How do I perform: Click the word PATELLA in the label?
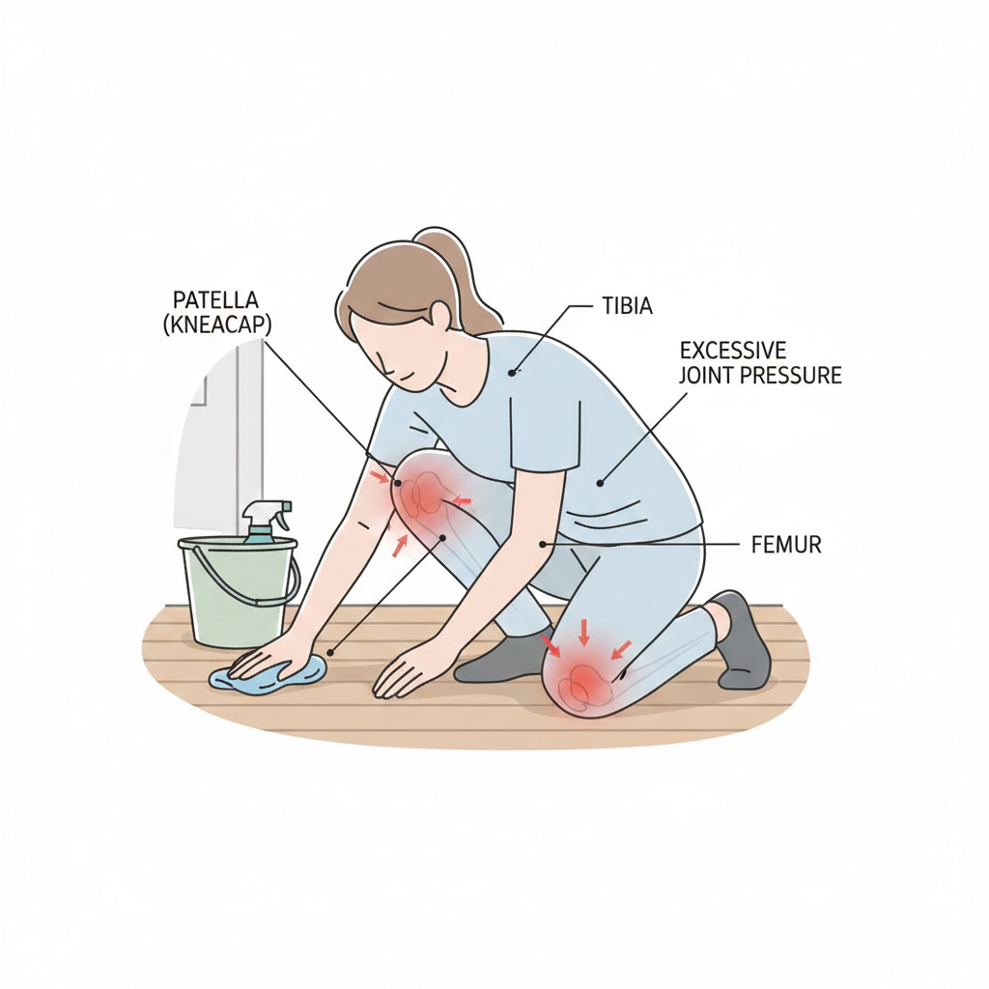pyautogui.click(x=215, y=299)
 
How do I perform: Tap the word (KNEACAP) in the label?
pyautogui.click(x=217, y=325)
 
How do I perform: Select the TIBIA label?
pyautogui.click(x=627, y=306)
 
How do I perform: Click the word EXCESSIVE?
pyautogui.click(x=733, y=350)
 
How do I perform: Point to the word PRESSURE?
pyautogui.click(x=791, y=376)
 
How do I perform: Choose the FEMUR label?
pyautogui.click(x=786, y=545)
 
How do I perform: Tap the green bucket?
pyautogui.click(x=239, y=592)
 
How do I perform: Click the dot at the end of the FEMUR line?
pyautogui.click(x=542, y=545)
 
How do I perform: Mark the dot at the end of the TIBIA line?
pyautogui.click(x=513, y=372)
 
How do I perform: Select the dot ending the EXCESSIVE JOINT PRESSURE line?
pyautogui.click(x=600, y=484)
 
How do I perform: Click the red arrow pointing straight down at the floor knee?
pyautogui.click(x=584, y=633)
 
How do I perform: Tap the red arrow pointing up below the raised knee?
pyautogui.click(x=399, y=545)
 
